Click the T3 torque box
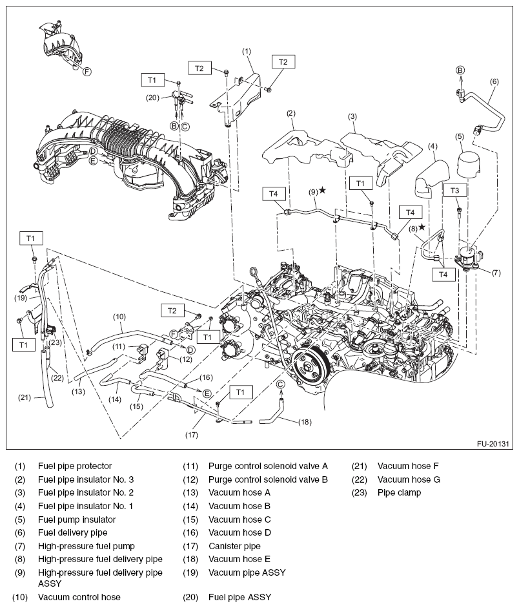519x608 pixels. pyautogui.click(x=455, y=191)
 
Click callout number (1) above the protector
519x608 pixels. pyautogui.click(x=246, y=50)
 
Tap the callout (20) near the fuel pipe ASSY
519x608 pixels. pyautogui.click(x=152, y=98)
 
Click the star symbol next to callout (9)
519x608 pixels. pyautogui.click(x=322, y=191)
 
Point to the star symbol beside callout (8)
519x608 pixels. pyautogui.click(x=422, y=227)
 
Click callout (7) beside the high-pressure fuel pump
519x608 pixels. pyautogui.click(x=496, y=273)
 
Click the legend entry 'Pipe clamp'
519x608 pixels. pyautogui.click(x=399, y=492)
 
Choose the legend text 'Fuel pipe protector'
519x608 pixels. pyautogui.click(x=75, y=466)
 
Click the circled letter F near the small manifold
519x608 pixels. pyautogui.click(x=87, y=72)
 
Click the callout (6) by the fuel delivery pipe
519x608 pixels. pyautogui.click(x=494, y=81)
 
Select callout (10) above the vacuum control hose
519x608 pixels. pyautogui.click(x=119, y=317)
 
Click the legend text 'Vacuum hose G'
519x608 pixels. pyautogui.click(x=409, y=479)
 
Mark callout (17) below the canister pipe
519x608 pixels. pyautogui.click(x=191, y=435)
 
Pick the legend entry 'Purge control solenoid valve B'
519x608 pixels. pyautogui.click(x=268, y=479)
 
